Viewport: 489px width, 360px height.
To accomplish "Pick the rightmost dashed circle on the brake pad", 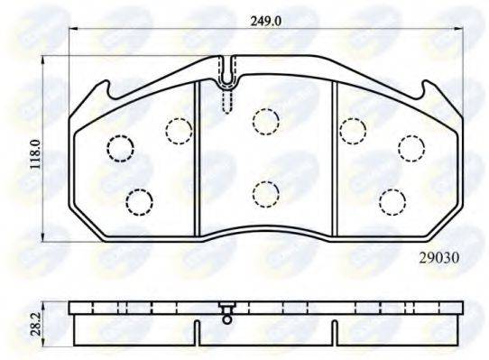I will (x=411, y=146).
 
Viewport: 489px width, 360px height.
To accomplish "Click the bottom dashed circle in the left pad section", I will (x=139, y=199).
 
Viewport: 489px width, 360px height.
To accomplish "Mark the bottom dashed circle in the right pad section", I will (x=391, y=199).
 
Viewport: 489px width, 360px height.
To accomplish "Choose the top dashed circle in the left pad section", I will (x=179, y=131).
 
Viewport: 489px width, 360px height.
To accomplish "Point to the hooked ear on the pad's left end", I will (x=101, y=89).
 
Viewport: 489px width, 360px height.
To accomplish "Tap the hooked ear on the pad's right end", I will (x=429, y=89).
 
